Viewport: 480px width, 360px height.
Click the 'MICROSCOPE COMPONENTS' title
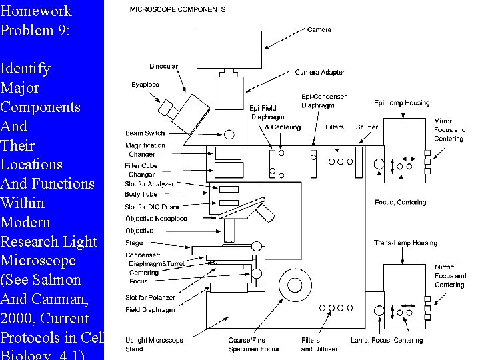pyautogui.click(x=177, y=9)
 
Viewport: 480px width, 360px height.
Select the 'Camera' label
pyautogui.click(x=319, y=29)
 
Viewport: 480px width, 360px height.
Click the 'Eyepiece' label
pyautogui.click(x=145, y=85)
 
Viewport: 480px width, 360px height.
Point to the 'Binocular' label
pyautogui.click(x=163, y=66)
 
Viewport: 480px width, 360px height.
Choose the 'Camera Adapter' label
pyautogui.click(x=320, y=72)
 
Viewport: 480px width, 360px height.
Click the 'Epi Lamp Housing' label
pyautogui.click(x=401, y=103)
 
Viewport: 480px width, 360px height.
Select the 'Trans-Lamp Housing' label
pyautogui.click(x=405, y=243)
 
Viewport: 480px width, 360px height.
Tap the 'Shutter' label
pyautogui.click(x=367, y=127)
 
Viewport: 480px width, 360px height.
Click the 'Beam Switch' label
pyautogui.click(x=145, y=133)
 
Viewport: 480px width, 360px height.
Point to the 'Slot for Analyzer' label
pyautogui.click(x=149, y=184)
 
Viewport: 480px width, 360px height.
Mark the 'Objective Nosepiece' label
pyautogui.click(x=155, y=218)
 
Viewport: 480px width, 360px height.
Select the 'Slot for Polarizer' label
pyautogui.click(x=150, y=297)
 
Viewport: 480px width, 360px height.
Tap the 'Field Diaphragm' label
pyautogui.click(x=150, y=310)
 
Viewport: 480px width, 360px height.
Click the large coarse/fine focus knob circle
pyautogui.click(x=294, y=285)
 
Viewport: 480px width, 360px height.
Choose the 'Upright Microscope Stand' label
pyautogui.click(x=154, y=344)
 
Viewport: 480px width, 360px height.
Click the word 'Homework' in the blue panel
pyautogui.click(x=36, y=11)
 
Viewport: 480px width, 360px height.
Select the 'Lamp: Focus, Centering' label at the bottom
pyautogui.click(x=387, y=340)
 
